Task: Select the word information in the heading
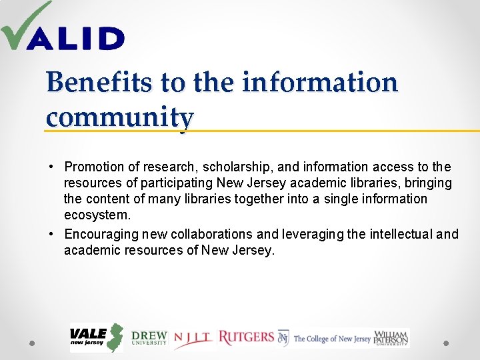coord(319,83)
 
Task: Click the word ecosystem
coord(97,215)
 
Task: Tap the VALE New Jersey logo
coord(96,338)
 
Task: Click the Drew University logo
coord(149,338)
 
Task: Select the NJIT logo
coord(193,339)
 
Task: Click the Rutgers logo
coord(246,338)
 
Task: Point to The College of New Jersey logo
coord(325,339)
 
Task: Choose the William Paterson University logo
coord(391,338)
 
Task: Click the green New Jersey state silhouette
coord(116,338)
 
